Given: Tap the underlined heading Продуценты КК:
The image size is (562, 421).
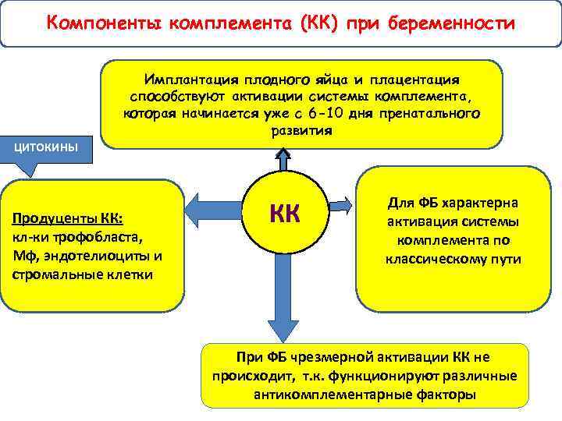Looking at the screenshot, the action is [x=69, y=219].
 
